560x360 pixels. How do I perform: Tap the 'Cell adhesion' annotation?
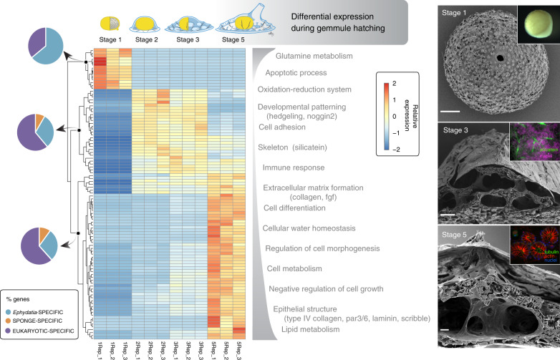coord(282,127)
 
